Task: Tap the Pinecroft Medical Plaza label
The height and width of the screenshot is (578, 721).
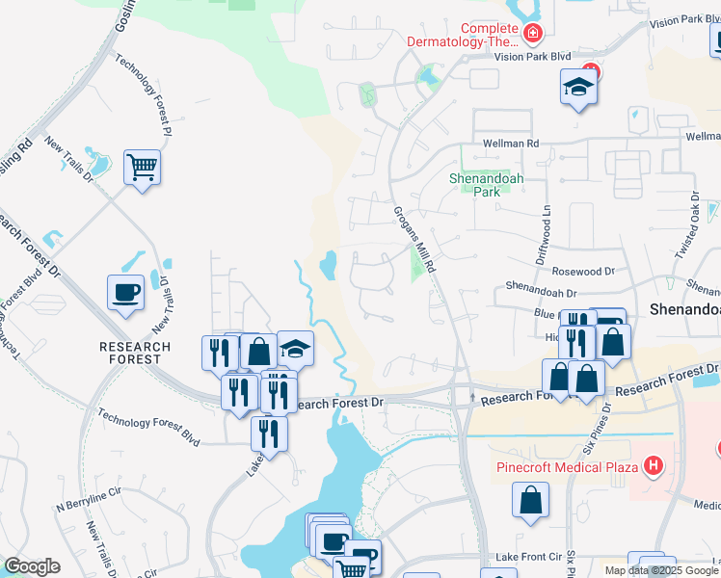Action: pyautogui.click(x=568, y=468)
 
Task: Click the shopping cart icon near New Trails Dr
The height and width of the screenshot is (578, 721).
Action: pyautogui.click(x=142, y=168)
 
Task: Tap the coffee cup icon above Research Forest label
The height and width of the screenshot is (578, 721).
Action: pyautogui.click(x=126, y=291)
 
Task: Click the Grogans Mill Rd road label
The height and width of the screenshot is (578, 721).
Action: pyautogui.click(x=415, y=240)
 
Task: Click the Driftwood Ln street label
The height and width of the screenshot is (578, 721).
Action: pyautogui.click(x=543, y=235)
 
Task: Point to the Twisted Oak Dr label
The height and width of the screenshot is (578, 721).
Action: pyautogui.click(x=687, y=225)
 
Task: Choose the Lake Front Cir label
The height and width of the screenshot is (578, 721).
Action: pyautogui.click(x=527, y=557)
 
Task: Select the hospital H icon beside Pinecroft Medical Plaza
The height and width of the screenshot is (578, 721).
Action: pyautogui.click(x=654, y=467)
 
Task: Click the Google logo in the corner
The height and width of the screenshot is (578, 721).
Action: pyautogui.click(x=32, y=566)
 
